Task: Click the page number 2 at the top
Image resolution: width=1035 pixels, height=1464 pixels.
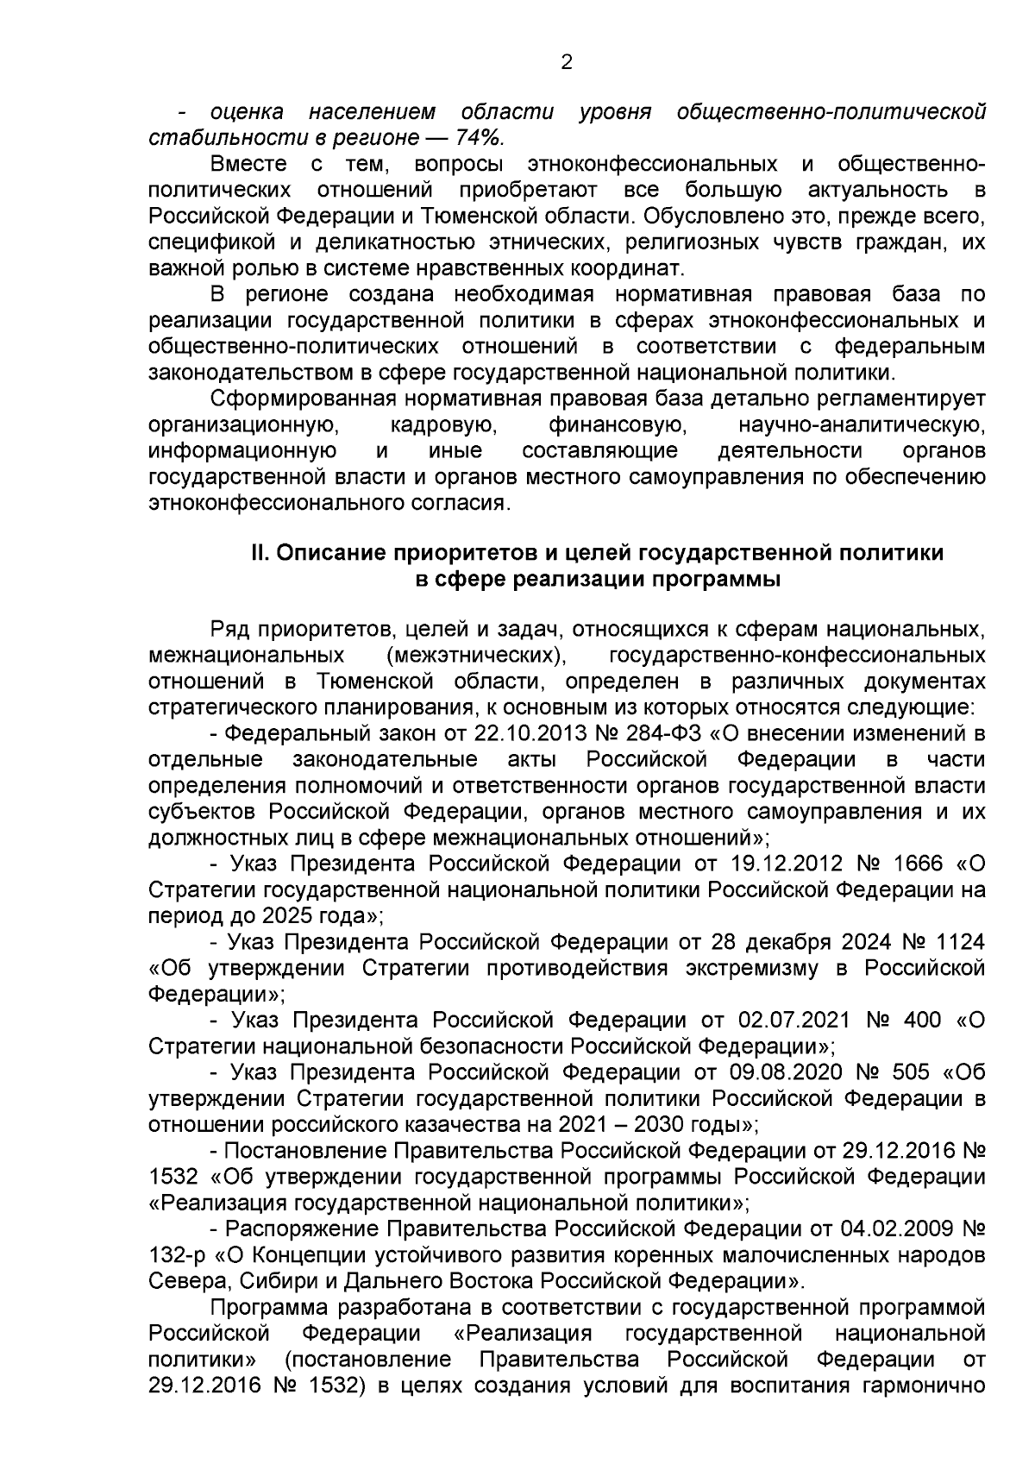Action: point(567,62)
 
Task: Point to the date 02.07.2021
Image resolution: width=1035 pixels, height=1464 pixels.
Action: point(793,1020)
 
